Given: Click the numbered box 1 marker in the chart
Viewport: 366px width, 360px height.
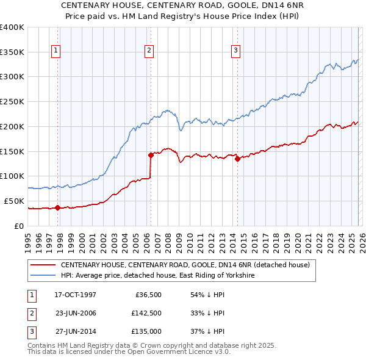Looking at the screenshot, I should tap(56, 51).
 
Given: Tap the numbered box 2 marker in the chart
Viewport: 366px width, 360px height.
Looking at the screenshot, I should tap(149, 51).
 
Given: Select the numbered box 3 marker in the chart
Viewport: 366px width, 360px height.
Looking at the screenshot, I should tap(235, 51).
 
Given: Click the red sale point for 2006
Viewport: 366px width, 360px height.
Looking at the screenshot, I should tap(151, 155).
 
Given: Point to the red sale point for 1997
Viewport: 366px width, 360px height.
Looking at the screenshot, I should tap(57, 207).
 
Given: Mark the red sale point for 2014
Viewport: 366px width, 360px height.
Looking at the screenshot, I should tap(237, 159).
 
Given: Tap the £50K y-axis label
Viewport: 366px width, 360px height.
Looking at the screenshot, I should tap(14, 201).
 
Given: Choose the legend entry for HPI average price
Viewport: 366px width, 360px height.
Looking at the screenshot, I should tap(157, 276).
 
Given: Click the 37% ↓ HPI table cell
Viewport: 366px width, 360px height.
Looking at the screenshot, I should tap(207, 331).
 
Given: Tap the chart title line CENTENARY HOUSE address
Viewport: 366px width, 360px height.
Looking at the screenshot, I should tap(183, 5).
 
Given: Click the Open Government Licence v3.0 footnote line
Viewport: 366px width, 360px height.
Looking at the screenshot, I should tap(129, 352).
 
